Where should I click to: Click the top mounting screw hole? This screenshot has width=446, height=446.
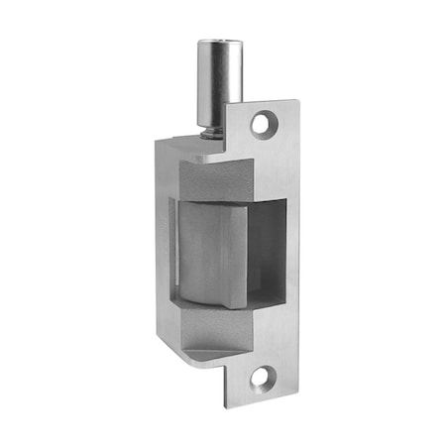(x=262, y=124)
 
